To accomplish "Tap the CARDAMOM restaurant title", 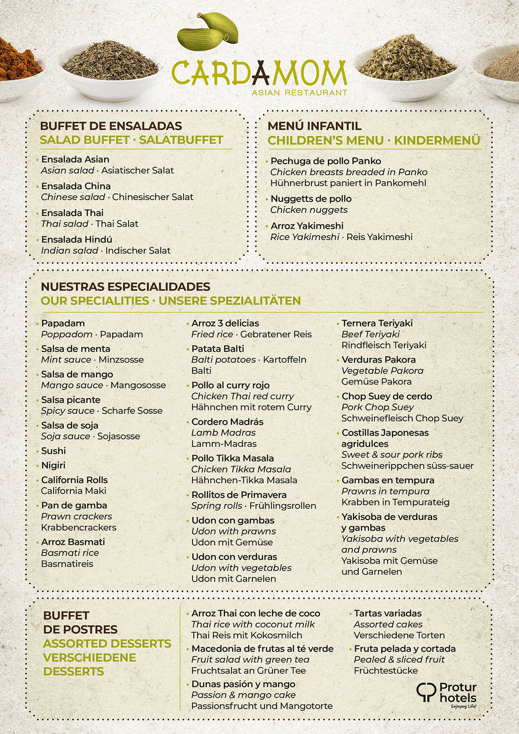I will [x=259, y=73].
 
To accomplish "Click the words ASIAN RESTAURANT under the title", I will [x=299, y=93].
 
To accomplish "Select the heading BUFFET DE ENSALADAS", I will [x=111, y=126].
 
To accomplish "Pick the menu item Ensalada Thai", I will [x=72, y=213].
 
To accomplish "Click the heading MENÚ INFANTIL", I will [x=314, y=126].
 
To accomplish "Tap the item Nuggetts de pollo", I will [x=311, y=198].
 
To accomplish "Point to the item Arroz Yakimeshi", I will [x=307, y=226].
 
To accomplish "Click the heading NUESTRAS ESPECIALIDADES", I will [x=126, y=287].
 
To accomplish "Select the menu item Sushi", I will [x=53, y=451].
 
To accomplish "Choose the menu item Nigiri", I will [x=53, y=465].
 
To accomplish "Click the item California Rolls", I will [x=75, y=480].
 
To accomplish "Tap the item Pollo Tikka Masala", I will [x=233, y=458].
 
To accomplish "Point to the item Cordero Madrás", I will [x=227, y=422].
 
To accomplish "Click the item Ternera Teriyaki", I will [x=377, y=323].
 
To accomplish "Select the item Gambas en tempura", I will [x=388, y=480].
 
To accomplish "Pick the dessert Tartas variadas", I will [x=388, y=613].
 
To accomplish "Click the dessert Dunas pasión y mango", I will [x=243, y=684].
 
